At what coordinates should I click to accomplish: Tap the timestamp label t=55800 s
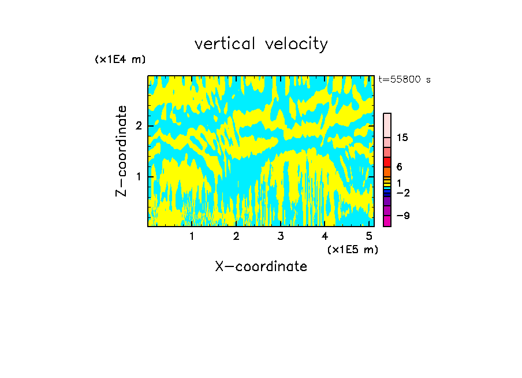404,80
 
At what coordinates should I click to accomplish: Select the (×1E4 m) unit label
120,60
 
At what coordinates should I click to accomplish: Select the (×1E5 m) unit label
352,250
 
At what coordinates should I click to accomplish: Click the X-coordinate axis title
261,266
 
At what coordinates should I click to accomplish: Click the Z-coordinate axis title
121,151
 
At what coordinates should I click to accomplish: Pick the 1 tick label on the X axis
192,236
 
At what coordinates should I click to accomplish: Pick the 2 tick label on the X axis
236,236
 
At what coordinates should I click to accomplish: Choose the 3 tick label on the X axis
280,236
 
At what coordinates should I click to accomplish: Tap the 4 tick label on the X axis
325,236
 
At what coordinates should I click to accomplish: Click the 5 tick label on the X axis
368,236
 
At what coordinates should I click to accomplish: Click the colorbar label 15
402,138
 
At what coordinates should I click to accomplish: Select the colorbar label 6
399,167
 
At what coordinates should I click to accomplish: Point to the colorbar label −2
402,193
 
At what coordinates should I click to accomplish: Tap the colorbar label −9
402,216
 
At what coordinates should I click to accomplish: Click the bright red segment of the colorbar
387,162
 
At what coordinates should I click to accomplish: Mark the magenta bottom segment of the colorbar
387,221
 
